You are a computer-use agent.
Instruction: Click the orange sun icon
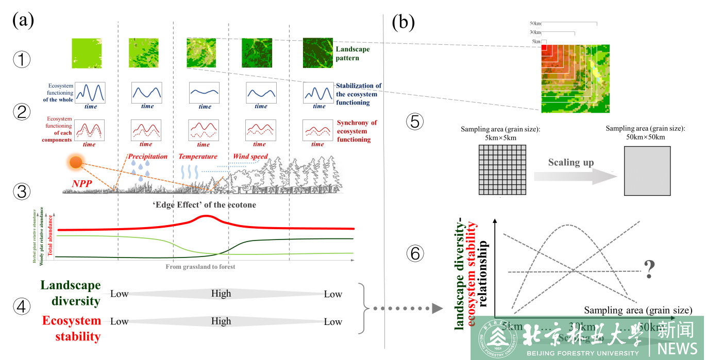(76, 163)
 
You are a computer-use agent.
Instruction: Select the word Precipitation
(148, 156)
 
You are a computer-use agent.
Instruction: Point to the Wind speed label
(250, 156)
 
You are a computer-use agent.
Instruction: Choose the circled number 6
(415, 252)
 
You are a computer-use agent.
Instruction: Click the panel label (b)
(403, 23)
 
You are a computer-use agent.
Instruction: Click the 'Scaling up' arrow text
(571, 162)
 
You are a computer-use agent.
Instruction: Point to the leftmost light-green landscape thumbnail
(87, 54)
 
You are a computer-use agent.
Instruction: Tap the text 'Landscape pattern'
(353, 54)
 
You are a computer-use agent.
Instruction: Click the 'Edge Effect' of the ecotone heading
(205, 205)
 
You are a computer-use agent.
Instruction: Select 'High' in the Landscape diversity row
(221, 294)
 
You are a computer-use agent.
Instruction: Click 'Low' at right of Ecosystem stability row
(333, 322)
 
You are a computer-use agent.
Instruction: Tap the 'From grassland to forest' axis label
(200, 267)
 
